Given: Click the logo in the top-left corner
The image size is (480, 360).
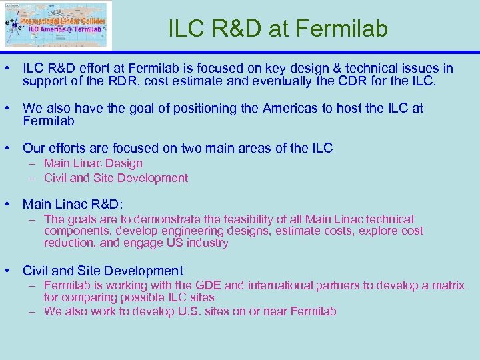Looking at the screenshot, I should (x=57, y=25).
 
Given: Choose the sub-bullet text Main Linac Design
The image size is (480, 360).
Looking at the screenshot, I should (x=93, y=163).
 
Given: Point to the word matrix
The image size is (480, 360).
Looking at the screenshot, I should (x=448, y=285).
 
